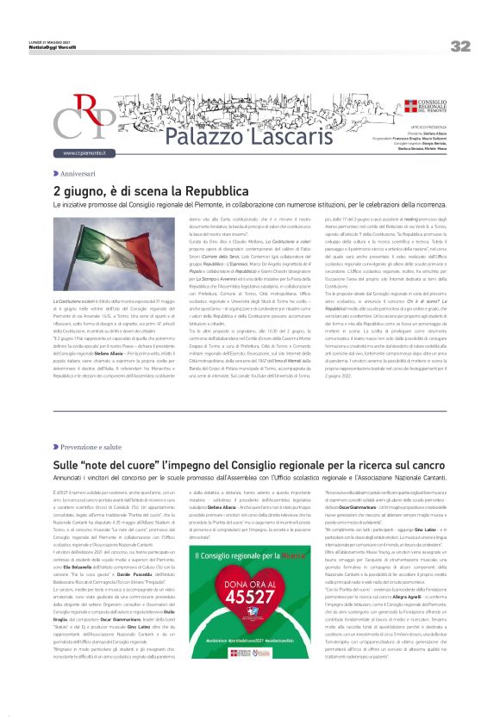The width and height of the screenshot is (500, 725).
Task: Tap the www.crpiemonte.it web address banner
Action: click(x=84, y=153)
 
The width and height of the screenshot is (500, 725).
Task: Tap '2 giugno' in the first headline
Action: click(x=74, y=190)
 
